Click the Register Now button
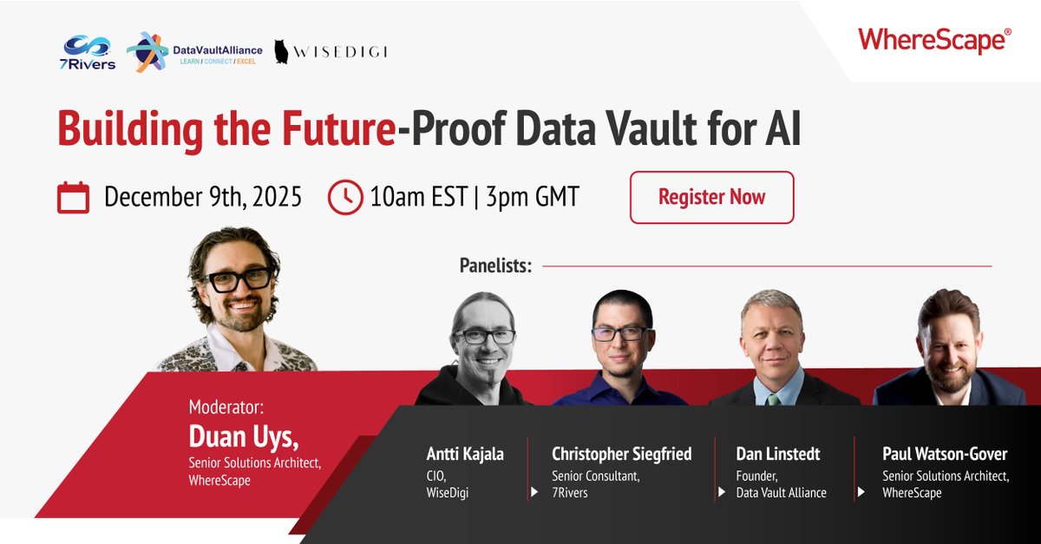pyautogui.click(x=711, y=197)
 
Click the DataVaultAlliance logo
pyautogui.click(x=193, y=52)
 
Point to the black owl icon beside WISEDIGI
pyautogui.click(x=282, y=52)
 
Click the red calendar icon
pyautogui.click(x=73, y=198)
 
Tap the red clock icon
pyautogui.click(x=345, y=198)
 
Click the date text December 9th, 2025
pyautogui.click(x=203, y=198)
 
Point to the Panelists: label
pyautogui.click(x=495, y=265)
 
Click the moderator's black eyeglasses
pyautogui.click(x=236, y=280)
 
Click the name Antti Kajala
pyautogui.click(x=465, y=455)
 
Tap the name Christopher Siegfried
pyautogui.click(x=621, y=455)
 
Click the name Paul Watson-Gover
pyautogui.click(x=945, y=455)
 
